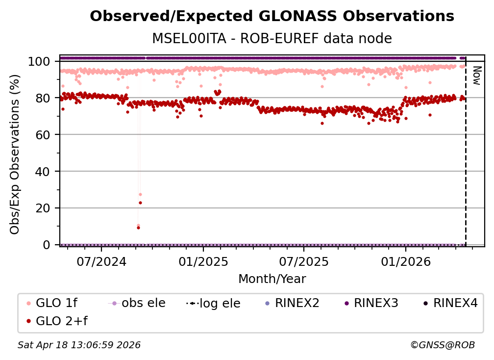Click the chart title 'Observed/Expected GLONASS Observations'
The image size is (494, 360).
click(x=272, y=16)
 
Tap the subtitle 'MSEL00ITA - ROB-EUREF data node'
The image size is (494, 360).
click(x=272, y=38)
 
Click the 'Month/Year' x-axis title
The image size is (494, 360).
click(x=272, y=279)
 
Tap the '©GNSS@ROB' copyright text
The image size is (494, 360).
click(x=443, y=345)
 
